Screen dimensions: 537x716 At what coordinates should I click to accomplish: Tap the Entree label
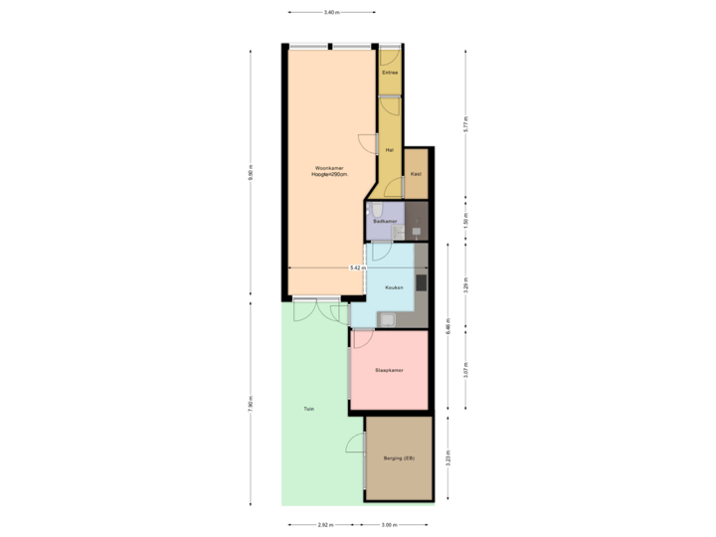[390, 72]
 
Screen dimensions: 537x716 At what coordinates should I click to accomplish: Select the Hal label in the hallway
[389, 149]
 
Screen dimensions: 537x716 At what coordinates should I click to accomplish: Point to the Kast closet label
[415, 173]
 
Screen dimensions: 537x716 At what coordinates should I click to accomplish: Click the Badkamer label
[385, 221]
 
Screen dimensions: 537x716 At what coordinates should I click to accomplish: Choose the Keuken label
[394, 287]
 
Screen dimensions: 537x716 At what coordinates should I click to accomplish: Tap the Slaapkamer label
[388, 370]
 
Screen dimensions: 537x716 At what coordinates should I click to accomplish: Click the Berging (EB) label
[398, 457]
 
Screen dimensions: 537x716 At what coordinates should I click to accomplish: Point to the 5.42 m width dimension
[356, 268]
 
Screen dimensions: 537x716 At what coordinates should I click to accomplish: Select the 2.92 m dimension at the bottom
[324, 524]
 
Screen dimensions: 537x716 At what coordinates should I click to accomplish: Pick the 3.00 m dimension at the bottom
[390, 524]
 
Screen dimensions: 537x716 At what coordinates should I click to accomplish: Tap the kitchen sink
[386, 319]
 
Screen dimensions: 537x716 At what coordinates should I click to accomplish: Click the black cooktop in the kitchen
[421, 282]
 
